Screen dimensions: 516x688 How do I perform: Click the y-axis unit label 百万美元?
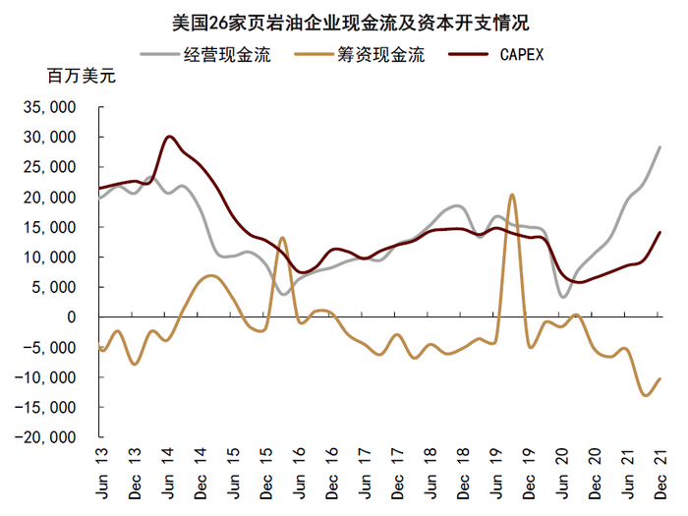[x=81, y=79]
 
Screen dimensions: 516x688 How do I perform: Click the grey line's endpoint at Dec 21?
[x=659, y=147]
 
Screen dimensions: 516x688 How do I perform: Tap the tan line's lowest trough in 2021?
[x=645, y=395]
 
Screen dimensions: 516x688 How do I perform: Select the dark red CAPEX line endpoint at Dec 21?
[x=659, y=232]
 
